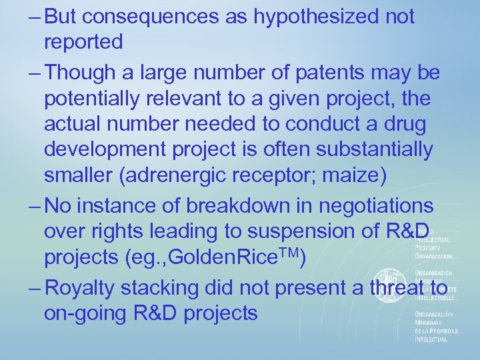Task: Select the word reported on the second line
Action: [83, 42]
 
